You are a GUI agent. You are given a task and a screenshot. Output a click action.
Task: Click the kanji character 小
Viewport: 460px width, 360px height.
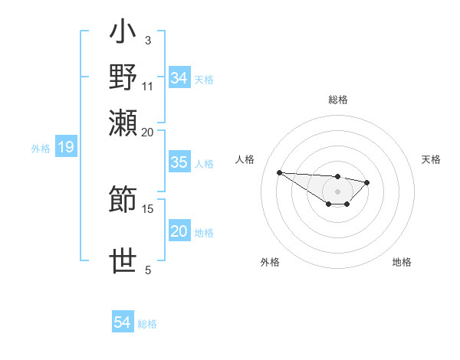click(x=123, y=35)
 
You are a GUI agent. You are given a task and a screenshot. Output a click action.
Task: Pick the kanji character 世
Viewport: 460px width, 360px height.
click(x=123, y=260)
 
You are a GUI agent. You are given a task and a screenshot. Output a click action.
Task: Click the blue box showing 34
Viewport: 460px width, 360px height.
click(x=179, y=78)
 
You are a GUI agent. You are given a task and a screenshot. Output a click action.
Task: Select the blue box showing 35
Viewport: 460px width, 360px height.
click(x=179, y=163)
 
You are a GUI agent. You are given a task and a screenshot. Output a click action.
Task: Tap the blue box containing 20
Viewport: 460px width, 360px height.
click(x=179, y=232)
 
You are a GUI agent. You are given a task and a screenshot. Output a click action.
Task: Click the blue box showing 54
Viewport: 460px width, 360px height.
click(x=123, y=323)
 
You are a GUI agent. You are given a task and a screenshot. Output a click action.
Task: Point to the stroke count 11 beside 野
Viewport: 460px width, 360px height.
click(x=148, y=85)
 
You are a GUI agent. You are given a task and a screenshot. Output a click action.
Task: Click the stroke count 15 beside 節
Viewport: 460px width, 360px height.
click(x=148, y=208)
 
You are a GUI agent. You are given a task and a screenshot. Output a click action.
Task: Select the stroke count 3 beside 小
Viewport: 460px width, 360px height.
click(x=147, y=40)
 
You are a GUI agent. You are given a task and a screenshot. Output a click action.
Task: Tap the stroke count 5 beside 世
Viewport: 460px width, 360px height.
click(x=148, y=270)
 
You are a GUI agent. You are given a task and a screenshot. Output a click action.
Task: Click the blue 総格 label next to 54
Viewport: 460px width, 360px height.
click(x=147, y=325)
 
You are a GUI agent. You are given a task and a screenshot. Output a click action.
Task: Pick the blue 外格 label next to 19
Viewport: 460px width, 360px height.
click(x=41, y=149)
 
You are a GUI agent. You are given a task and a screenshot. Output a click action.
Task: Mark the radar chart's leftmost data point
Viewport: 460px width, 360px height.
click(x=280, y=172)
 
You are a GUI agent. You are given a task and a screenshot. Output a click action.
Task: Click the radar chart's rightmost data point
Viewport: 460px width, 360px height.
click(x=367, y=182)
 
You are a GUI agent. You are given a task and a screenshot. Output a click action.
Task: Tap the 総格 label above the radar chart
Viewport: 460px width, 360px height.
click(x=338, y=100)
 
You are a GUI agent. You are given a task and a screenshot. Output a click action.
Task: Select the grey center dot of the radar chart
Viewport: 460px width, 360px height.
click(x=337, y=191)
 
